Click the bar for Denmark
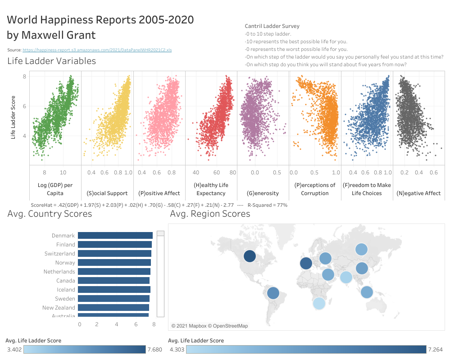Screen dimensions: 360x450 click(x=115, y=235)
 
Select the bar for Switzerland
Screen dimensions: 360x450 click(x=114, y=253)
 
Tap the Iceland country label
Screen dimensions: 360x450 click(x=66, y=290)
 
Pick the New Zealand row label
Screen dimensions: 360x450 click(x=59, y=308)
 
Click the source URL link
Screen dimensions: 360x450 click(x=97, y=50)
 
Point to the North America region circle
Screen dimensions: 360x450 click(x=250, y=256)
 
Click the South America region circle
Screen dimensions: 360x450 click(x=273, y=293)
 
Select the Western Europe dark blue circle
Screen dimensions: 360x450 click(x=305, y=264)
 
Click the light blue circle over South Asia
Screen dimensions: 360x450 click(x=345, y=277)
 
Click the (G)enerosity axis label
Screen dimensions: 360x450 click(x=263, y=193)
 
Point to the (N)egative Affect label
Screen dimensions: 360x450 click(x=419, y=193)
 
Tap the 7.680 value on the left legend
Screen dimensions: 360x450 click(x=154, y=350)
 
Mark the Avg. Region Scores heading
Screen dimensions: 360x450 click(x=210, y=214)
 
